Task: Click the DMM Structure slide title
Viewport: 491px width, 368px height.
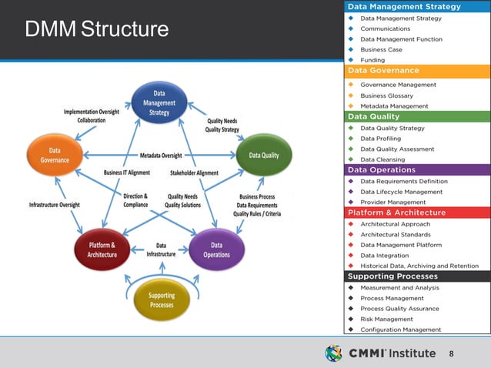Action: (96, 30)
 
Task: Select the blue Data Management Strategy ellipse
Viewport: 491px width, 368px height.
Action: (160, 102)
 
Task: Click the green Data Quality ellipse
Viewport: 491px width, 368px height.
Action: (264, 155)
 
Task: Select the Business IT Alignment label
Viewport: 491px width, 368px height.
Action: (127, 173)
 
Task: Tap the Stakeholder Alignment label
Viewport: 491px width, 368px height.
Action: (195, 173)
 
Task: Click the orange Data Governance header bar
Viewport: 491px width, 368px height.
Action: (416, 71)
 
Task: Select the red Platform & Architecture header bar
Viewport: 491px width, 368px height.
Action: (416, 212)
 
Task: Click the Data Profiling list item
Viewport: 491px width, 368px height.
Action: (386, 139)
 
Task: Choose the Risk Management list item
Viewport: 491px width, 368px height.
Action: (386, 319)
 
